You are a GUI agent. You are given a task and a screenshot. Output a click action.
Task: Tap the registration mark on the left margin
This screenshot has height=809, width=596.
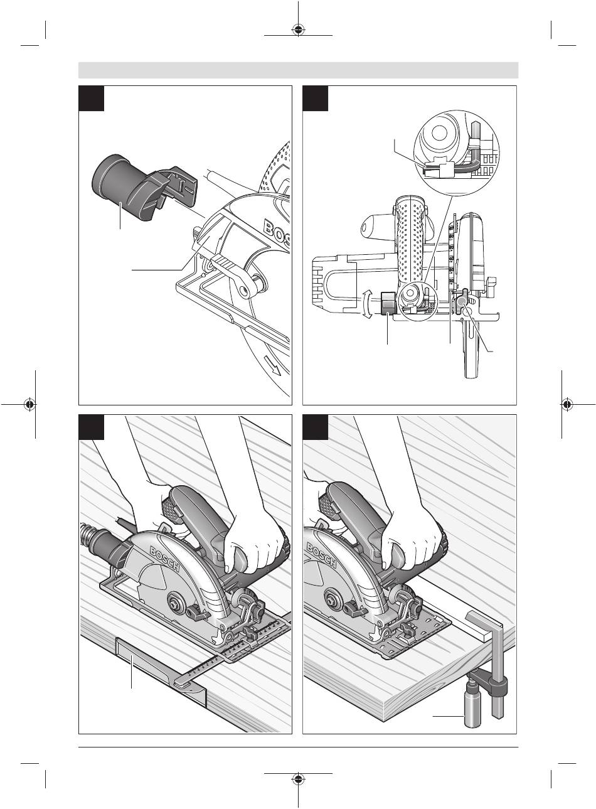29,404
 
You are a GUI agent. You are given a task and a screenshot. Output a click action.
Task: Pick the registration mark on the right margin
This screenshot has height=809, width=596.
568,404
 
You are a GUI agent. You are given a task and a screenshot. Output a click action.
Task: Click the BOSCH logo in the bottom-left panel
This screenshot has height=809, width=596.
164,559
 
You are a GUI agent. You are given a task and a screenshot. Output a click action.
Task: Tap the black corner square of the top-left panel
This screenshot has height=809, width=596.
92,99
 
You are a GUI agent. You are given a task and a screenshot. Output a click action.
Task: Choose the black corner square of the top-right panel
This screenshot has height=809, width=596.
316,99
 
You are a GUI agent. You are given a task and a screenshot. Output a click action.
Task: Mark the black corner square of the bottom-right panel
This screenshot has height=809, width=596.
316,427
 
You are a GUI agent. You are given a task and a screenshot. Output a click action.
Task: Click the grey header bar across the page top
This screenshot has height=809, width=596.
298,70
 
